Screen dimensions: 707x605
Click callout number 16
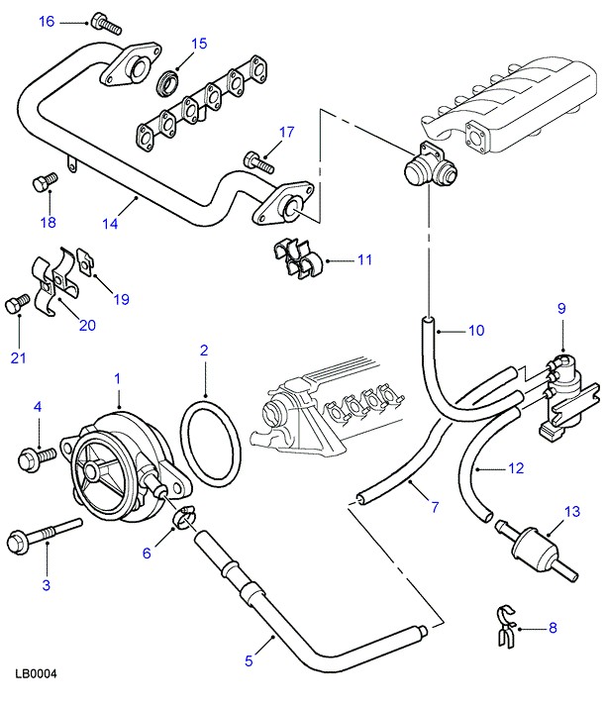[x=47, y=21]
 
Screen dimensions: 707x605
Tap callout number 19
[x=121, y=297]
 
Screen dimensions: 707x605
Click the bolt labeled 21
[x=15, y=305]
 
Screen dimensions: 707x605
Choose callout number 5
[x=250, y=661]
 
